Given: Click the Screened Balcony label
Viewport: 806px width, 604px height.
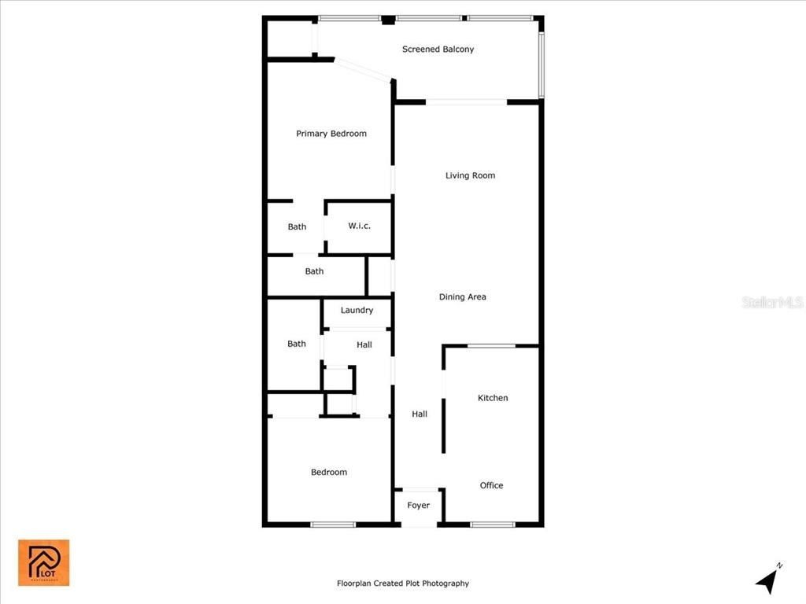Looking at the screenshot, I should pyautogui.click(x=438, y=50).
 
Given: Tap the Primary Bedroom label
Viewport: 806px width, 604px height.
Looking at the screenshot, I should pyautogui.click(x=331, y=134).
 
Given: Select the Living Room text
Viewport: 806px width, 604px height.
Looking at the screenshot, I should pyautogui.click(x=470, y=175).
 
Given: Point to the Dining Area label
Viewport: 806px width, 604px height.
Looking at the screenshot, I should pyautogui.click(x=462, y=297).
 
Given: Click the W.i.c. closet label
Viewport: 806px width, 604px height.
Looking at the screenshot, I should pyautogui.click(x=359, y=226).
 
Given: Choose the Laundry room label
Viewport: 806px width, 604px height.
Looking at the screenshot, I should pyautogui.click(x=357, y=311).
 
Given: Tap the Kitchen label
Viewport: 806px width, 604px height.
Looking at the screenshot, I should pyautogui.click(x=493, y=398).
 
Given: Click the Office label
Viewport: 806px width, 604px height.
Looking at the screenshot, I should pyautogui.click(x=491, y=486).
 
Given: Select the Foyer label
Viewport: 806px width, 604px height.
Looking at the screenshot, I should pyautogui.click(x=418, y=506).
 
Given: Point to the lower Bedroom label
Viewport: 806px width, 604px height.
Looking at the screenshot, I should pyautogui.click(x=329, y=473).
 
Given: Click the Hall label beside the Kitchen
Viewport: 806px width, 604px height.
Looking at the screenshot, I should pyautogui.click(x=420, y=414).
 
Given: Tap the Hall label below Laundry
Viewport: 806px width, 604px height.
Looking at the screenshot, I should pyautogui.click(x=364, y=344).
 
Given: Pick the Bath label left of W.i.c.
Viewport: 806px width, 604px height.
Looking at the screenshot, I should pyautogui.click(x=297, y=227).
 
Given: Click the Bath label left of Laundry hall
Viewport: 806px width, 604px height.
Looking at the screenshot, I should pyautogui.click(x=296, y=344).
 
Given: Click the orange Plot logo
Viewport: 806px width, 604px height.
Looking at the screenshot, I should pyautogui.click(x=44, y=562).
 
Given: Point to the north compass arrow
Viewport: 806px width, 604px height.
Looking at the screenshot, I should pyautogui.click(x=767, y=580).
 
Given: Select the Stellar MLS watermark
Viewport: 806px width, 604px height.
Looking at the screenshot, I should pyautogui.click(x=772, y=302).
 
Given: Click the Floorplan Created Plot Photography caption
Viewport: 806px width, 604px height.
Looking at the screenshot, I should pyautogui.click(x=403, y=584).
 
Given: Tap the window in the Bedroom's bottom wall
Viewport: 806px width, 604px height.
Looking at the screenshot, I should pyautogui.click(x=333, y=525).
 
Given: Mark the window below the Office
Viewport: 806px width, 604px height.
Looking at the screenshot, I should pyautogui.click(x=492, y=525).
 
